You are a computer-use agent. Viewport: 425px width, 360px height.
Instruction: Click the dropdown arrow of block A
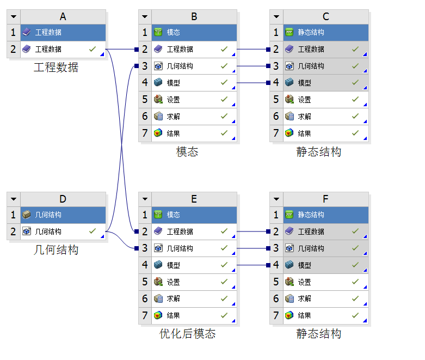click(x=14, y=16)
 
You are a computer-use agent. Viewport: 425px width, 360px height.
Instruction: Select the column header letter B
click(x=194, y=16)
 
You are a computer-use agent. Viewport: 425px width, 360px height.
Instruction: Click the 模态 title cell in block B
click(x=194, y=33)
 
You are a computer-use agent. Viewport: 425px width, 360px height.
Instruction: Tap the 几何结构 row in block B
click(x=194, y=66)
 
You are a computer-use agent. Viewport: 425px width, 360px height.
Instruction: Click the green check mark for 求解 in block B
click(x=224, y=116)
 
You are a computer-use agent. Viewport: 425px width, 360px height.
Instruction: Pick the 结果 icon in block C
click(x=289, y=133)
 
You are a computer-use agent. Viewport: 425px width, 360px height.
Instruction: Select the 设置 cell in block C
click(x=325, y=100)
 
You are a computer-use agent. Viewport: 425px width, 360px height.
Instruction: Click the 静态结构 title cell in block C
click(x=325, y=33)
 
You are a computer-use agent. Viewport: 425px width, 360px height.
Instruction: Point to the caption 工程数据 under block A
click(x=56, y=68)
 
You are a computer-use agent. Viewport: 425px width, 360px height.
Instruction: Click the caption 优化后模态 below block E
click(x=188, y=334)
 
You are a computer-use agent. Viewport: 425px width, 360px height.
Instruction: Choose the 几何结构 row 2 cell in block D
click(x=63, y=231)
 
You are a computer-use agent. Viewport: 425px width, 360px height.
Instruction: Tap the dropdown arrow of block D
click(x=14, y=199)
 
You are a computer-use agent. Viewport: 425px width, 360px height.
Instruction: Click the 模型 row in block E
click(x=194, y=265)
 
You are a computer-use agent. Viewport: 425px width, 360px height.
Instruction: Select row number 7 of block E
click(x=145, y=315)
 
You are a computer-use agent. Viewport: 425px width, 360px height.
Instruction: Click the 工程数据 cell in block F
click(x=325, y=231)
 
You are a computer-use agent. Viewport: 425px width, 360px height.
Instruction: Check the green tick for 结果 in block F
click(x=355, y=315)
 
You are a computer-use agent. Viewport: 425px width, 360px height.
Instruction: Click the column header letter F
click(x=325, y=199)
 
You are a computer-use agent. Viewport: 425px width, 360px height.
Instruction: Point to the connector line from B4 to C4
click(x=253, y=83)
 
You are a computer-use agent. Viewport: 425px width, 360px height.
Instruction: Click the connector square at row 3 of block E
click(x=137, y=248)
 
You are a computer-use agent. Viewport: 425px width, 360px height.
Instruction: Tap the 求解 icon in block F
click(x=289, y=298)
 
